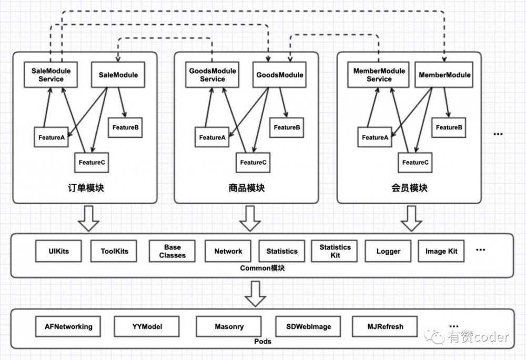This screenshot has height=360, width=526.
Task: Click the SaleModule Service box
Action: point(51,75)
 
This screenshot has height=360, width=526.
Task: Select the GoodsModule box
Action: point(280,75)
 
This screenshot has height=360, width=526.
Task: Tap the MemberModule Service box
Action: point(379,75)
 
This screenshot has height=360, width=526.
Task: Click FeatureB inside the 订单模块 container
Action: point(125,127)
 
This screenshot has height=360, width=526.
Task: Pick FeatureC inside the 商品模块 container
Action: point(253,162)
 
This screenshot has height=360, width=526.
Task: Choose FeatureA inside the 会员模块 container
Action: point(375,137)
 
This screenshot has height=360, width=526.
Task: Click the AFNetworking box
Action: point(68,326)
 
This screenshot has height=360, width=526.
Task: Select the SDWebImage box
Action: point(309,326)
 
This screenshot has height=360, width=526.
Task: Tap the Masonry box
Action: point(229,326)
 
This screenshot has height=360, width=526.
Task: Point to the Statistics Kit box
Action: point(335,251)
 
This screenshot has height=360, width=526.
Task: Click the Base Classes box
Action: point(172,251)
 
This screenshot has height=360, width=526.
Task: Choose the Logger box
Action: point(388,251)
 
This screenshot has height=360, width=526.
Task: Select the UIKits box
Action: point(58,251)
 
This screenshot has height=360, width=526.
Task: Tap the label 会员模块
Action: point(409,188)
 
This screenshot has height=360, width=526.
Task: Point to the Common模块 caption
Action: point(262,268)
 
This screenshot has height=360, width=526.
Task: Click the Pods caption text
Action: point(262,341)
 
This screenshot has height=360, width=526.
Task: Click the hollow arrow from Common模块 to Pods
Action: point(256,294)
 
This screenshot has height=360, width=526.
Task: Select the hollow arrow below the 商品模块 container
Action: point(250,218)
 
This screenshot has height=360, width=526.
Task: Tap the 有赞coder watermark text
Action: point(478,337)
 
